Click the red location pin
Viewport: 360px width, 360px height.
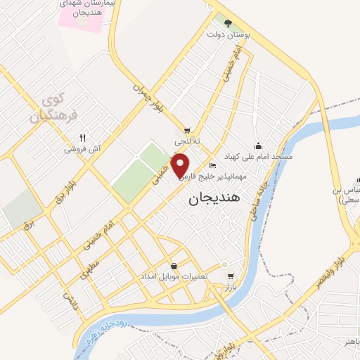pos(181,164)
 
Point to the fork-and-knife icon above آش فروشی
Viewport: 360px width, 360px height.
pos(83,138)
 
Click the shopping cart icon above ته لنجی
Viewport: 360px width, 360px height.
pos(187,130)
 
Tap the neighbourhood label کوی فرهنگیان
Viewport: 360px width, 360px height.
pos(53,107)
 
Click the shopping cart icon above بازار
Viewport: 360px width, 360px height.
pos(230,276)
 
